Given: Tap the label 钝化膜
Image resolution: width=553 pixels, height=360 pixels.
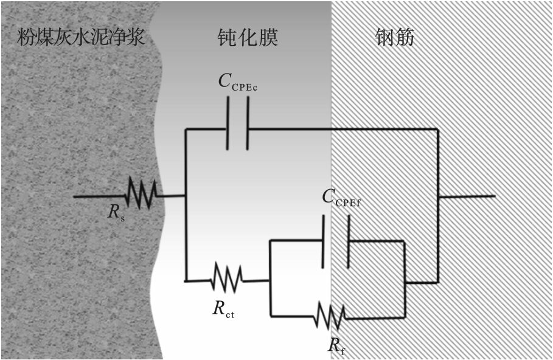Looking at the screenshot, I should pyautogui.click(x=248, y=38).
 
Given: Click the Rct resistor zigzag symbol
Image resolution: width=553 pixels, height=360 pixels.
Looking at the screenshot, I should pyautogui.click(x=226, y=280).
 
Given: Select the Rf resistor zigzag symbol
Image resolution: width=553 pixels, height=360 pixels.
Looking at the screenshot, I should pyautogui.click(x=330, y=316).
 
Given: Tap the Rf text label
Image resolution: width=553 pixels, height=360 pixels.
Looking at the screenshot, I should pyautogui.click(x=336, y=345).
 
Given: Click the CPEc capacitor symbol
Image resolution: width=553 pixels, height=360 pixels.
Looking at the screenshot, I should pyautogui.click(x=238, y=129).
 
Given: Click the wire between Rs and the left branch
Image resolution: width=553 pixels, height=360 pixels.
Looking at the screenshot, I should pyautogui.click(x=171, y=196).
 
